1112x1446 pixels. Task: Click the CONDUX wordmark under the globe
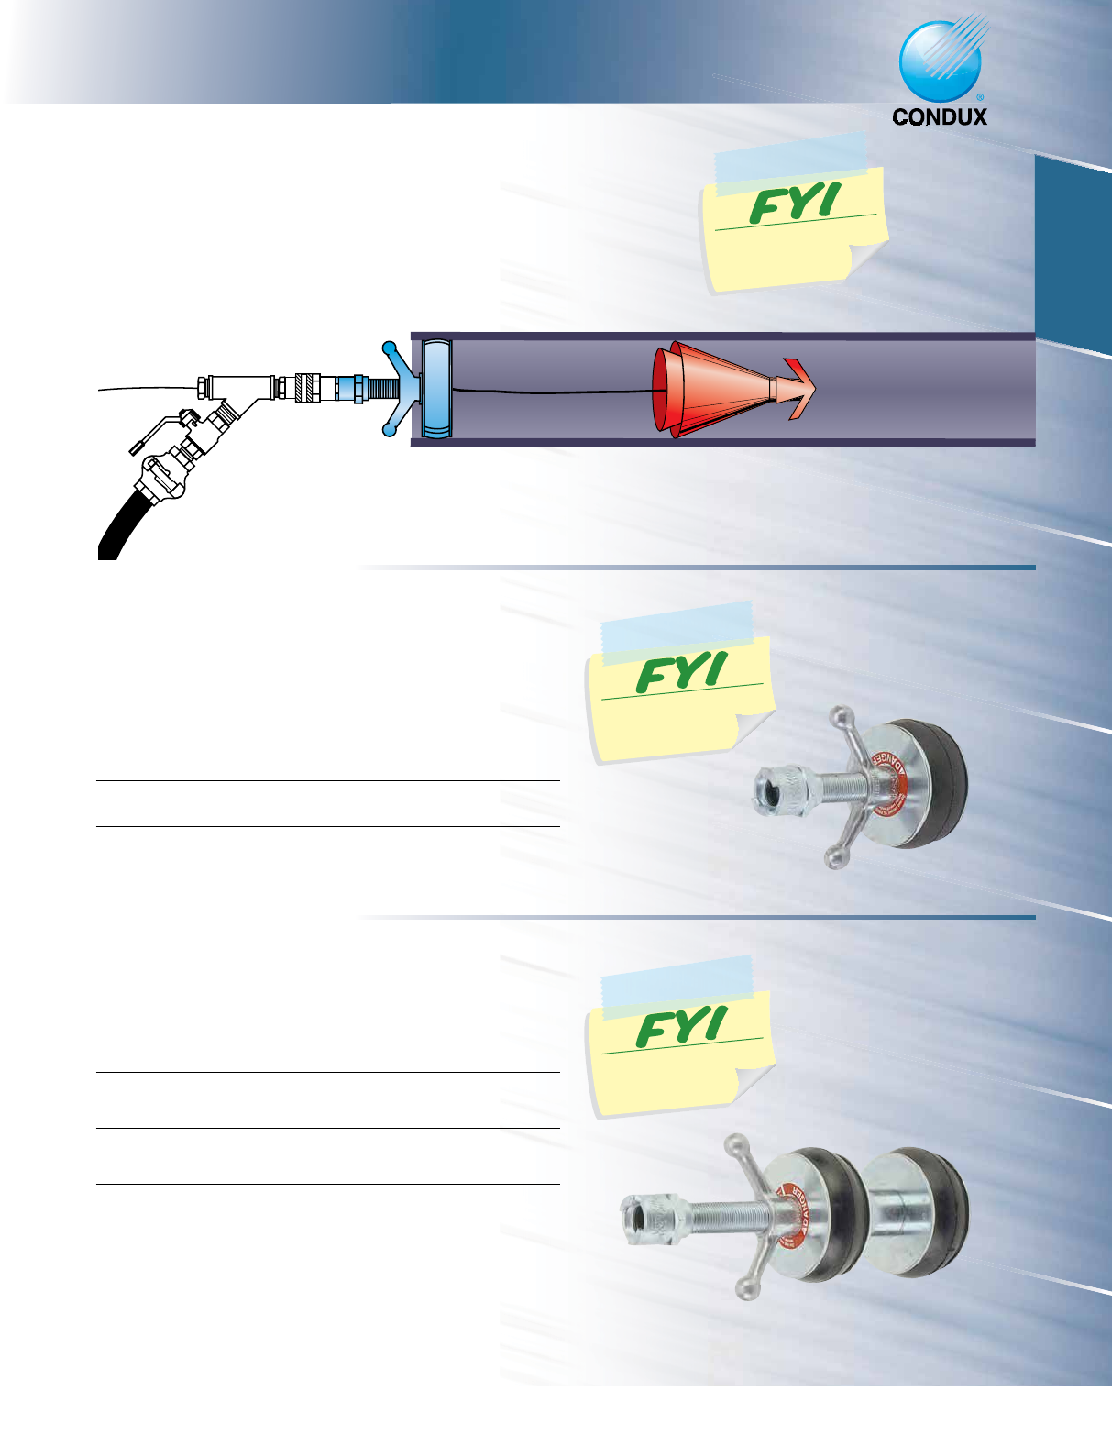click(940, 116)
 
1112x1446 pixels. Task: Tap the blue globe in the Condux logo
click(940, 61)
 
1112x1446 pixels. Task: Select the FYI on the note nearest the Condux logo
click(795, 204)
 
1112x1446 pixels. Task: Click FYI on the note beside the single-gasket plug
click(682, 672)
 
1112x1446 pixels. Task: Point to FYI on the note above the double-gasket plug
click(682, 1026)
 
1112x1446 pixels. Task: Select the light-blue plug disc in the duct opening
click(437, 388)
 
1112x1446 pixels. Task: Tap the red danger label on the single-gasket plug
click(883, 785)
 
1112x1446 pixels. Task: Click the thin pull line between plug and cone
click(550, 392)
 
